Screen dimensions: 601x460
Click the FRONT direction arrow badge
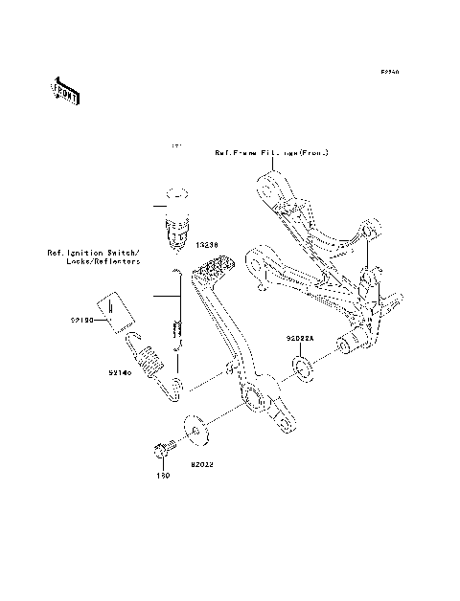65,91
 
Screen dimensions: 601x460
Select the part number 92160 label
82,322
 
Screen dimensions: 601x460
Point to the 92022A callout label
299,339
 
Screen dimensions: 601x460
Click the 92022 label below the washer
202,463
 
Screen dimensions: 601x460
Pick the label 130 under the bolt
163,474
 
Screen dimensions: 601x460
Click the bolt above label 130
162,447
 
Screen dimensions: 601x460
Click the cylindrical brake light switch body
176,233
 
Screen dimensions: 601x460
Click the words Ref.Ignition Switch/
94,253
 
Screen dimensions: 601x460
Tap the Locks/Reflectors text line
108,261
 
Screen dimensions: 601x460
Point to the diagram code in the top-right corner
389,72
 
